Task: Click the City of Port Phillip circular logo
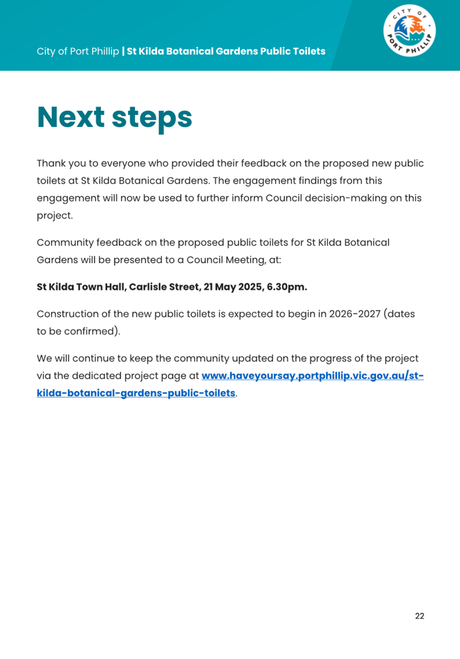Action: click(x=409, y=31)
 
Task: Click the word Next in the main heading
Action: click(x=71, y=117)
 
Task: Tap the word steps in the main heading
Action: click(x=152, y=118)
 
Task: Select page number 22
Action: click(x=420, y=616)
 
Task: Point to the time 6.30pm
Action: click(x=287, y=287)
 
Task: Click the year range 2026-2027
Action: click(x=355, y=314)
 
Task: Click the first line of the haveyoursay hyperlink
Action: click(x=312, y=375)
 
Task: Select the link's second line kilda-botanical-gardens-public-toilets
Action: click(x=136, y=393)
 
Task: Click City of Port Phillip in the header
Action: click(x=77, y=51)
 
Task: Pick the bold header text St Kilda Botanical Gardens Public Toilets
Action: click(x=226, y=51)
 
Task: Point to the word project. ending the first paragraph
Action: click(x=54, y=216)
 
